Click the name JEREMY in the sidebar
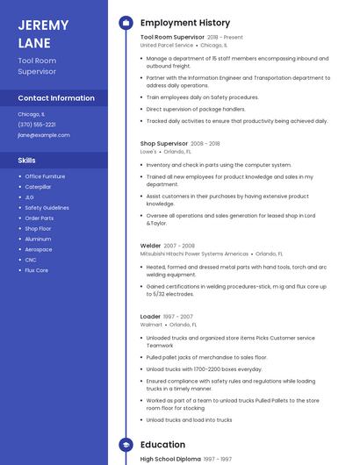(44, 24)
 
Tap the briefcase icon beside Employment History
(125, 22)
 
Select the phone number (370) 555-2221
(37, 125)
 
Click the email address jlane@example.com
(44, 135)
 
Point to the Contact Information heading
(56, 98)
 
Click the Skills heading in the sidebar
(27, 161)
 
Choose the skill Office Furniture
(45, 176)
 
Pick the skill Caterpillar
(38, 187)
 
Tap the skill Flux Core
(36, 270)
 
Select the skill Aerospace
(38, 249)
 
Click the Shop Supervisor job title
(164, 143)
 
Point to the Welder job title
(151, 246)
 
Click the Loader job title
(150, 316)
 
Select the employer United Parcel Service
(167, 45)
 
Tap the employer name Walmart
(151, 324)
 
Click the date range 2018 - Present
(225, 38)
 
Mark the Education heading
(162, 445)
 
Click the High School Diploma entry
(170, 459)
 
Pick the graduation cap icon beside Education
(125, 445)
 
